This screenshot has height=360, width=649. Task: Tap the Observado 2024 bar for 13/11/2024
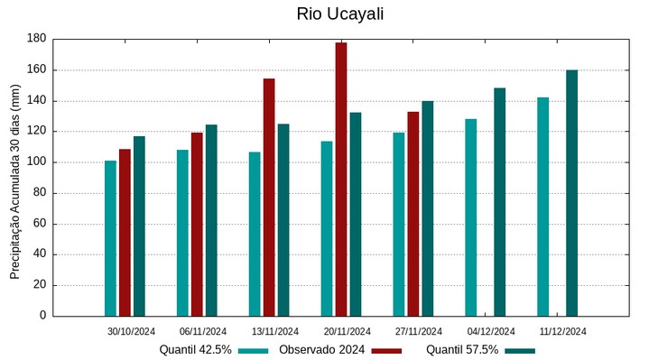pos(269,197)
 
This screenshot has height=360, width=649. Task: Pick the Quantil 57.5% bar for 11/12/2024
pos(571,193)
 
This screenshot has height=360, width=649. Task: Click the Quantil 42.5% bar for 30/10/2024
pos(110,238)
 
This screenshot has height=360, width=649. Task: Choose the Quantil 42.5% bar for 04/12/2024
pos(470,217)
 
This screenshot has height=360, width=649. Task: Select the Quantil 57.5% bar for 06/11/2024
pos(211,220)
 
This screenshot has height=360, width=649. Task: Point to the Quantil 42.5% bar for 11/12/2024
pos(542,207)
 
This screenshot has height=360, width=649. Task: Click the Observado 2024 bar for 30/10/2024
pos(125,232)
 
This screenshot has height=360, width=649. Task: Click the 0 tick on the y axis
pos(42,316)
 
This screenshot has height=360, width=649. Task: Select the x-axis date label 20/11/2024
pos(348,331)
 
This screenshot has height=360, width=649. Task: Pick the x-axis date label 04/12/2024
pos(491,331)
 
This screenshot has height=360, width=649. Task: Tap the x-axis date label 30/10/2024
pos(131,331)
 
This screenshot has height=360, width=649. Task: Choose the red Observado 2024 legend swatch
pos(386,350)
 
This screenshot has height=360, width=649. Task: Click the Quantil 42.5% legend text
pos(196,350)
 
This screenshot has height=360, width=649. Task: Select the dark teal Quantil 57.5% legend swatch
pos(520,350)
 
